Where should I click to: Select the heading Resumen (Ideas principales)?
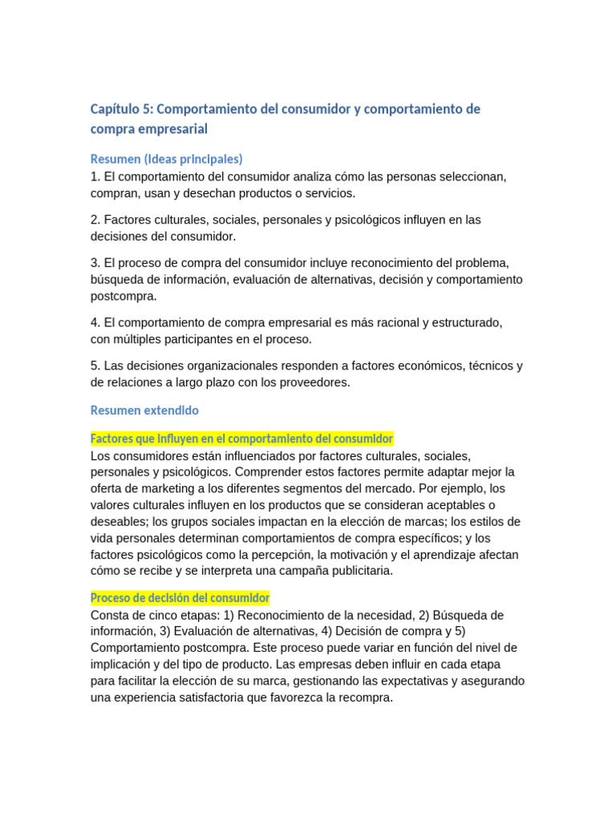pos(167,159)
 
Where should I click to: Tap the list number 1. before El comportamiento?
pos(95,176)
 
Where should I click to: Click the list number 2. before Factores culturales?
pos(95,220)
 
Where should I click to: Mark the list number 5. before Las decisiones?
pos(95,366)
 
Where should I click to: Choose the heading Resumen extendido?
pos(144,410)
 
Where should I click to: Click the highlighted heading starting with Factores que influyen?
pos(241,439)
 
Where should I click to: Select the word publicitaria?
pos(355,571)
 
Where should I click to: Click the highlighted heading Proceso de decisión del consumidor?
pos(180,598)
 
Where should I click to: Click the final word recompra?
pos(366,698)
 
